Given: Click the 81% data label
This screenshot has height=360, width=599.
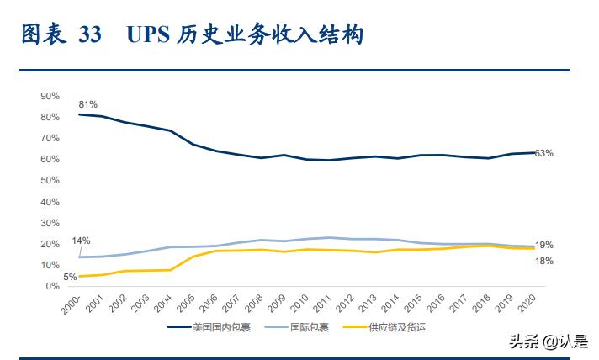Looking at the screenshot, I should (89, 104).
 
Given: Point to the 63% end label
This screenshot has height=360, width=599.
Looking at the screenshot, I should (543, 153).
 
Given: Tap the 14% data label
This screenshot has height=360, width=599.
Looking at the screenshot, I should (81, 241).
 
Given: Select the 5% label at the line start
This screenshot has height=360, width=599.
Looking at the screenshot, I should (71, 276).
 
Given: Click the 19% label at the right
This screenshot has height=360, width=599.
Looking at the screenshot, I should (543, 245).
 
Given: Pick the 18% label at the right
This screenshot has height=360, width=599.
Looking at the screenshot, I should (543, 262).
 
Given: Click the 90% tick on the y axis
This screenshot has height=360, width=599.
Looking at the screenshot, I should (50, 95).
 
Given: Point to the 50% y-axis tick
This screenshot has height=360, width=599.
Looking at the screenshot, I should (50, 180).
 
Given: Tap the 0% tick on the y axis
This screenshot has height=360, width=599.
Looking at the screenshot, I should (52, 286).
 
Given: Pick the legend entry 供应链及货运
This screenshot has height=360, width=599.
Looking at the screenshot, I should (395, 327).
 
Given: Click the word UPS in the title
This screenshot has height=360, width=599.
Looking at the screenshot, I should (148, 34).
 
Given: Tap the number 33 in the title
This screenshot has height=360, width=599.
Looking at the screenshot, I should (90, 34).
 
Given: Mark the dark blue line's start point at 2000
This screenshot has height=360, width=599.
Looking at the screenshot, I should (78, 114).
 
